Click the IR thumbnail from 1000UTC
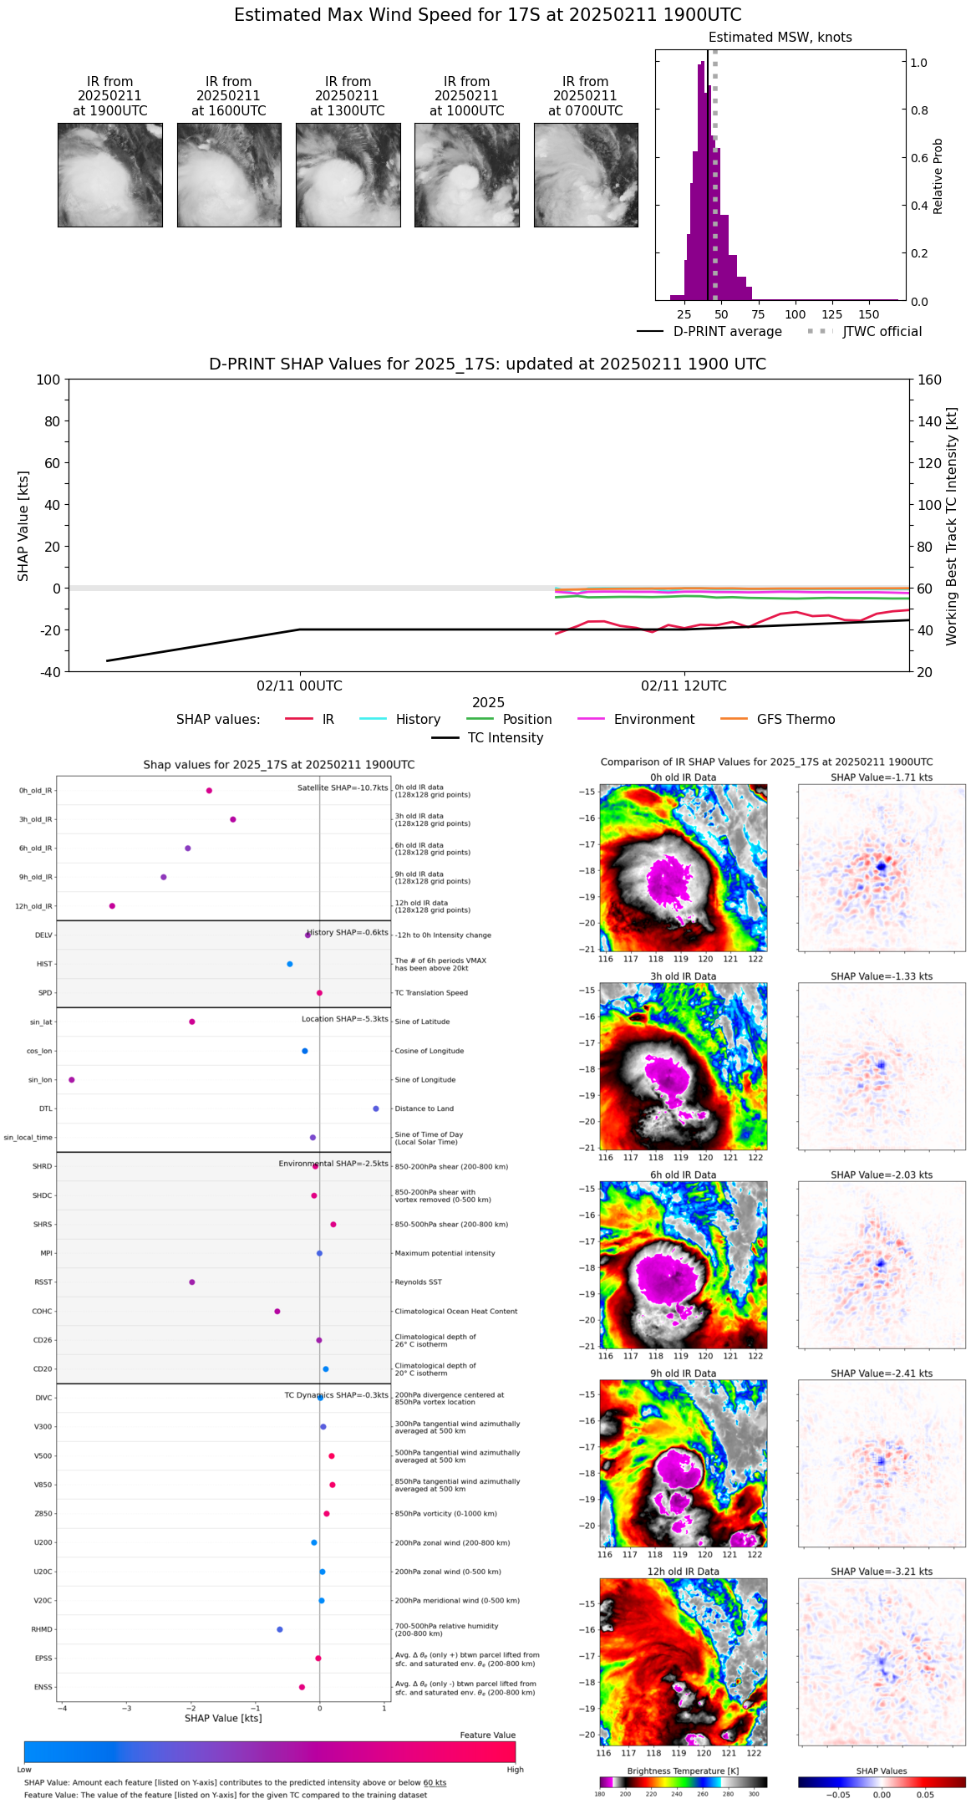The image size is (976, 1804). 466,175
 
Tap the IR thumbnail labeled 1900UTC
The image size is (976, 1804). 109,175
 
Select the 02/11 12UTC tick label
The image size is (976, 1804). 684,685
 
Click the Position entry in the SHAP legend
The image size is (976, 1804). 526,719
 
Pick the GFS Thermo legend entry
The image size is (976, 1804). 796,719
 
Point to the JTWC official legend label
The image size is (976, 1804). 882,331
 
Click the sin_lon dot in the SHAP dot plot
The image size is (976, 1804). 72,1079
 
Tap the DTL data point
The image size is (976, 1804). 376,1108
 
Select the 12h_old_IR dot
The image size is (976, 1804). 112,905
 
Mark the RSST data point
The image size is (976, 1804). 192,1282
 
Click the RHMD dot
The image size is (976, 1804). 280,1628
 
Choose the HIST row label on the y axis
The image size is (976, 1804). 44,964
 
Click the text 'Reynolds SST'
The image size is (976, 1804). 418,1282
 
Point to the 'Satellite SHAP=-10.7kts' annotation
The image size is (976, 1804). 343,787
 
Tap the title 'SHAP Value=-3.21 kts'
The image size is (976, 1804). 882,1572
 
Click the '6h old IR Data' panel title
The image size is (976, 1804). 683,1175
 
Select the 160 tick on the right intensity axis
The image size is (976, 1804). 930,380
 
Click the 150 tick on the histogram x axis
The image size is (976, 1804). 869,314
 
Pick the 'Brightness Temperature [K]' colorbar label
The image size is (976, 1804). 683,1771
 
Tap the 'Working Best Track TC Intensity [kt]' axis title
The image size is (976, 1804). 952,527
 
